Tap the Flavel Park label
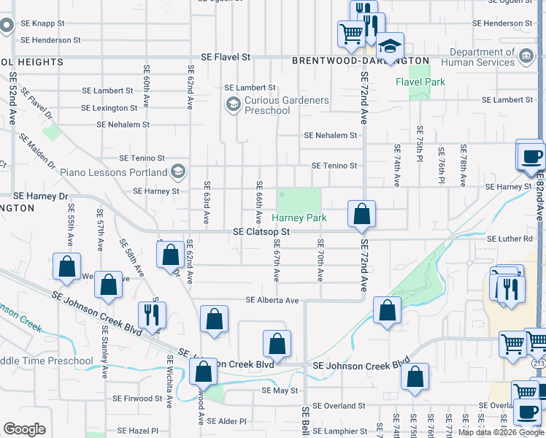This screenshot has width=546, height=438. (420, 82)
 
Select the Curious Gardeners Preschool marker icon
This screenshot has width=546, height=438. (233, 105)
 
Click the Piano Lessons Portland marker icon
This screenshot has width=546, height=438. (177, 172)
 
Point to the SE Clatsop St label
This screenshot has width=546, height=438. (261, 231)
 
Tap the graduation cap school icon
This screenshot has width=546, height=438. (391, 47)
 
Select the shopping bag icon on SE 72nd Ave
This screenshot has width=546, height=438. (361, 215)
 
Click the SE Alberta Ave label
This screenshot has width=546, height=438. (272, 300)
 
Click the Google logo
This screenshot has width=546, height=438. (24, 429)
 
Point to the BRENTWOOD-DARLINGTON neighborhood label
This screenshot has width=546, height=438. (361, 61)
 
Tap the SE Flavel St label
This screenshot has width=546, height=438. (226, 56)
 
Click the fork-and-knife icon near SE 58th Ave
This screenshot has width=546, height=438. (152, 315)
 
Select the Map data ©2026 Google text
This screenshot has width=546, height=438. (500, 432)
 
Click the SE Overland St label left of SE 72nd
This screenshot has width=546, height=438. (337, 405)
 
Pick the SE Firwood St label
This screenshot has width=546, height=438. (138, 399)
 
